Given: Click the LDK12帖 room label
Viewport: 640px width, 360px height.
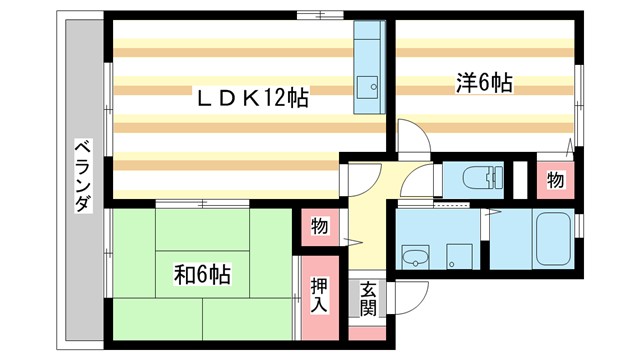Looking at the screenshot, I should (x=250, y=98).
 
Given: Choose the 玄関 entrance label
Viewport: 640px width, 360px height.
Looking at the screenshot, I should (x=368, y=299).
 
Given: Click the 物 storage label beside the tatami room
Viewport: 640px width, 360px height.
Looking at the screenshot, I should (x=318, y=227).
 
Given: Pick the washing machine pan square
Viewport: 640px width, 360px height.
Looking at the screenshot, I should (x=459, y=256).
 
